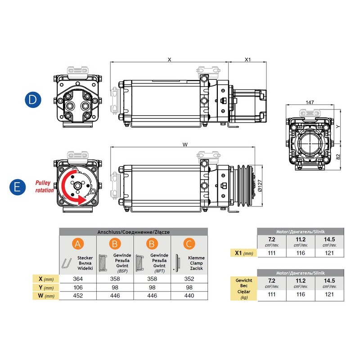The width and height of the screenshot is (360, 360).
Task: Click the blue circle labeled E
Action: click(18, 187)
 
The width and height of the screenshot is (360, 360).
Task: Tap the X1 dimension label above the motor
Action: click(247, 59)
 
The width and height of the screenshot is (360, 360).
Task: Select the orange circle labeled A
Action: click(78, 244)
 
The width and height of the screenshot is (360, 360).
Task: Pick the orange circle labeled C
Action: click(189, 244)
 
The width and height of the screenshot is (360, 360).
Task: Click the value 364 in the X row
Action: click(78, 279)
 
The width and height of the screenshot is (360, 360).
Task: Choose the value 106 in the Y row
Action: click(78, 287)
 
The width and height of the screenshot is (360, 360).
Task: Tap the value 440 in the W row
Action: click(189, 296)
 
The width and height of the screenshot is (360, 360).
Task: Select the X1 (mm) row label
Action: click(243, 254)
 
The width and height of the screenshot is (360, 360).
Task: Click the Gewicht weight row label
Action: click(243, 288)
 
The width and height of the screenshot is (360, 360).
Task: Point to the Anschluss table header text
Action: click(134, 232)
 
